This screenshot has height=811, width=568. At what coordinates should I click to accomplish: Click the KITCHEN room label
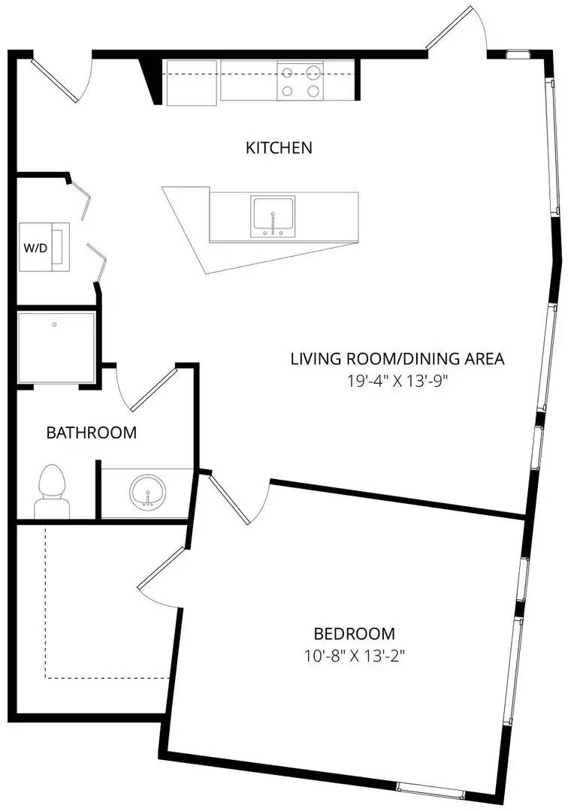pyautogui.click(x=278, y=148)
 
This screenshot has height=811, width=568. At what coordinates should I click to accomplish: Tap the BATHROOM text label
pyautogui.click(x=92, y=433)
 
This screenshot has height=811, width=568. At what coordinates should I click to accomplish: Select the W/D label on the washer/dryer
pyautogui.click(x=35, y=249)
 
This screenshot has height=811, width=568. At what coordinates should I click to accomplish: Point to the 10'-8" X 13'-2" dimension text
pyautogui.click(x=354, y=656)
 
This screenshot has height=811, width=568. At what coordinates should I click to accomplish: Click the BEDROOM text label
pyautogui.click(x=355, y=634)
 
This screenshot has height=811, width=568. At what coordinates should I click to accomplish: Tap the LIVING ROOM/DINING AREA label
pyautogui.click(x=397, y=358)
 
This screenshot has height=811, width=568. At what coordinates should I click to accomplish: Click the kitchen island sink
pyautogui.click(x=273, y=216)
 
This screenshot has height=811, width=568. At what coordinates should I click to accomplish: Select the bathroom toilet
pyautogui.click(x=52, y=491)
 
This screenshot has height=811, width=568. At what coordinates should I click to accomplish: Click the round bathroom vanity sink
pyautogui.click(x=148, y=492)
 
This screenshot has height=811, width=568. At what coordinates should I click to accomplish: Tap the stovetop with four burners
pyautogui.click(x=300, y=80)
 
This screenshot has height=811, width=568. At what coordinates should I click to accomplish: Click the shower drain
pyautogui.click(x=54, y=325)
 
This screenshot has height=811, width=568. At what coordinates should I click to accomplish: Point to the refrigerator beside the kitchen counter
pyautogui.click(x=192, y=83)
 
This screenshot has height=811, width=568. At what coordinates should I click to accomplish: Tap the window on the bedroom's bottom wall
pyautogui.click(x=431, y=788)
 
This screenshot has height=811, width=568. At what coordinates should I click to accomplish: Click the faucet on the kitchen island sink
pyautogui.click(x=273, y=224)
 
